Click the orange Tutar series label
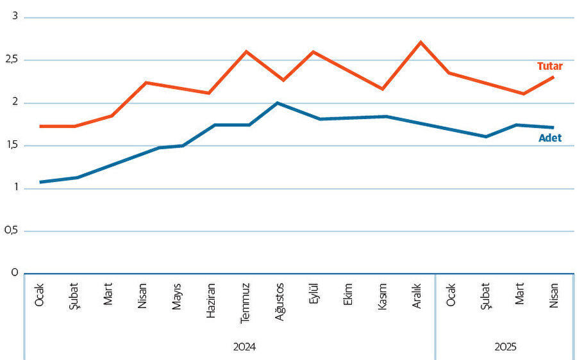click(x=549, y=66)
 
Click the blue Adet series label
click(x=549, y=138)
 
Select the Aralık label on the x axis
click(x=417, y=296)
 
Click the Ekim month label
click(x=348, y=294)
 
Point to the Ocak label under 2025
click(x=451, y=294)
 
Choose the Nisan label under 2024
click(x=142, y=295)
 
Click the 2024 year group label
click(x=244, y=347)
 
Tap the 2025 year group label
click(x=505, y=347)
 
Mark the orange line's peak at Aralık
click(x=421, y=42)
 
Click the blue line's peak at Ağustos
click(x=278, y=102)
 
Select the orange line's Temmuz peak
click(x=246, y=51)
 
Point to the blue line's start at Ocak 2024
click(x=40, y=182)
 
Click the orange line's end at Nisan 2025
click(x=553, y=77)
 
